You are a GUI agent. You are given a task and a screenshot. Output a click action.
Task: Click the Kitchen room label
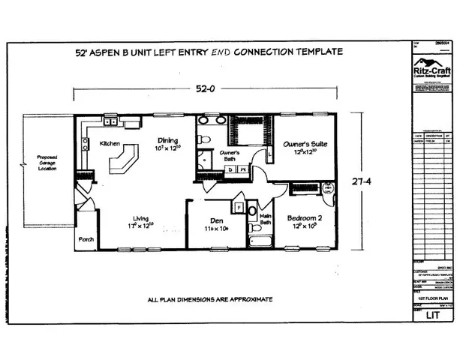pyautogui.click(x=110, y=142)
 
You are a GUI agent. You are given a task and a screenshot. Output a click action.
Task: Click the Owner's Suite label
pyautogui.click(x=302, y=142)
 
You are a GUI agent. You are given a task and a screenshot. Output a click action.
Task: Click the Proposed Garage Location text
pyautogui.click(x=47, y=163)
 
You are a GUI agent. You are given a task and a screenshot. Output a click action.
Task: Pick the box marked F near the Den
pyautogui.click(x=239, y=204)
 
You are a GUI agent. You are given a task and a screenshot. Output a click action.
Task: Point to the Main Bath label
pyautogui.click(x=264, y=219)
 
